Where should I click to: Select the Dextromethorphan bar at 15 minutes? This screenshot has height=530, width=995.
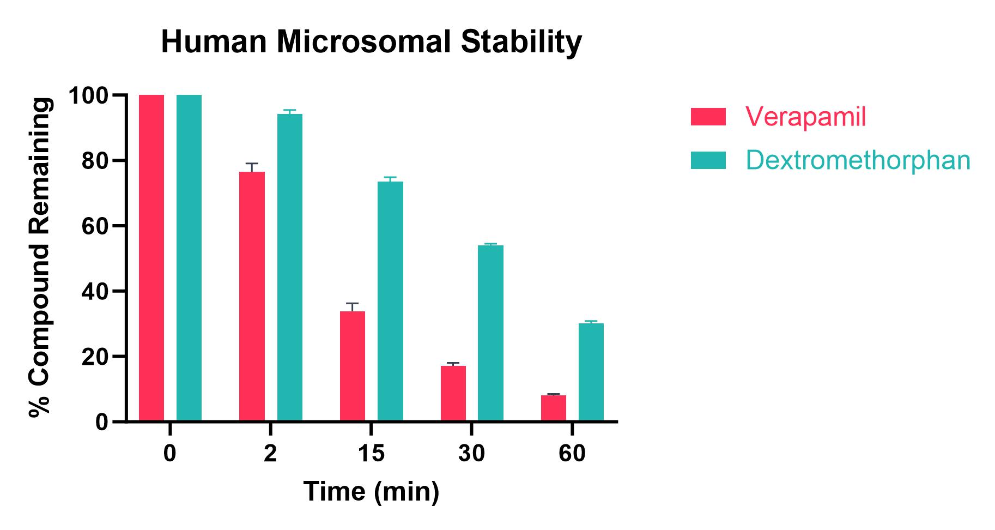[x=390, y=301]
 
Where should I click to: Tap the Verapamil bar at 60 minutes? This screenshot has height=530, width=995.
[x=554, y=408]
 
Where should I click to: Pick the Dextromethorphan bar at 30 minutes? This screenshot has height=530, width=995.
[x=490, y=333]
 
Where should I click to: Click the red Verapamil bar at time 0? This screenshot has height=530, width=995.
[x=151, y=258]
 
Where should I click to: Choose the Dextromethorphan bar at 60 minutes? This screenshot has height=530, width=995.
[x=591, y=372]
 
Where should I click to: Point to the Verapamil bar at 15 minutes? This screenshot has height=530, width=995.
[x=353, y=366]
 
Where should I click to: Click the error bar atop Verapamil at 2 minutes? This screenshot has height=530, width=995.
[x=252, y=167]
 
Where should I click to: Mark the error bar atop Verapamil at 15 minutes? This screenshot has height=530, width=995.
[x=353, y=306]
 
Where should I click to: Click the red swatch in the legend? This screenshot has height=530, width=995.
[x=708, y=117]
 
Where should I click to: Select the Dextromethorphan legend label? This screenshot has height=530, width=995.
[x=858, y=160]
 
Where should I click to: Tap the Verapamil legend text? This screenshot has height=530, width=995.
[x=805, y=117]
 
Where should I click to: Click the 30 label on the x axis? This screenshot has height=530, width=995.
[x=471, y=454]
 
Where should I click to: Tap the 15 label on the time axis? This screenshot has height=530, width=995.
[x=371, y=454]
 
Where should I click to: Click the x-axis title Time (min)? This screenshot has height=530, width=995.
[x=371, y=491]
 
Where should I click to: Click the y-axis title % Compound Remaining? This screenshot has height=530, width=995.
[x=41, y=258]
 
